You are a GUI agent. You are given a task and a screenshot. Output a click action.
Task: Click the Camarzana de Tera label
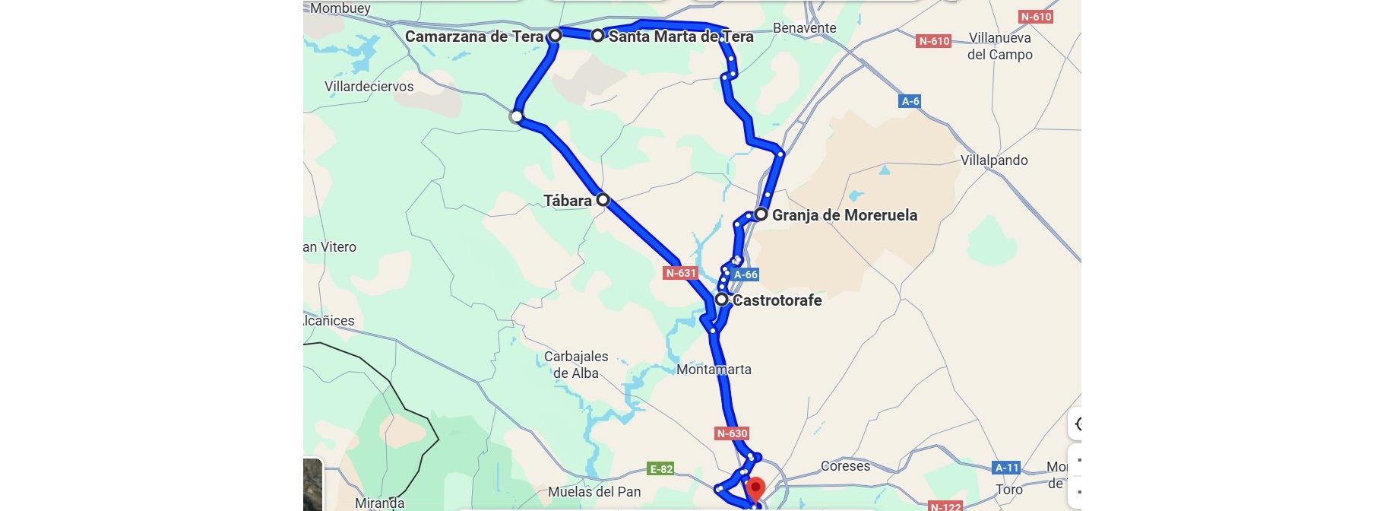tap(473, 36)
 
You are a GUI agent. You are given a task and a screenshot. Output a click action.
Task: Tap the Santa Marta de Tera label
tap(681, 36)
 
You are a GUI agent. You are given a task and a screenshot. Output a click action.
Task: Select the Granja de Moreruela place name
tap(844, 215)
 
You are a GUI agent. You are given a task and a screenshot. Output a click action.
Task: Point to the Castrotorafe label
tap(777, 300)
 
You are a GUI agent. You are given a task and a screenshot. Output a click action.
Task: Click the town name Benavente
tap(804, 28)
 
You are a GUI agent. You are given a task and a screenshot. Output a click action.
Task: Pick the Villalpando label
tap(993, 160)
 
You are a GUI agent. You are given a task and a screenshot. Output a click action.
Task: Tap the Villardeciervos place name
tap(369, 87)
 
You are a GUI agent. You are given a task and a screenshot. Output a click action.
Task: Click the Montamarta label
tap(714, 370)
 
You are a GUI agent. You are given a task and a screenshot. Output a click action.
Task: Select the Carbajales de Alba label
tap(576, 365)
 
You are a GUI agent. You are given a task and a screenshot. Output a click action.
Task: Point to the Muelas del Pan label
tap(594, 492)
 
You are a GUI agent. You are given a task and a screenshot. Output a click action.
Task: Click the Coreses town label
tap(845, 466)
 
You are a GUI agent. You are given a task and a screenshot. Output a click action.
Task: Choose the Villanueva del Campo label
tap(999, 46)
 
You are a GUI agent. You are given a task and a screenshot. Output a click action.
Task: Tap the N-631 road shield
tap(680, 273)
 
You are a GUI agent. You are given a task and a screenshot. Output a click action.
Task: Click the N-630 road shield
tap(732, 433)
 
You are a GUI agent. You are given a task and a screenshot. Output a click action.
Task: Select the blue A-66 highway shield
tap(746, 275)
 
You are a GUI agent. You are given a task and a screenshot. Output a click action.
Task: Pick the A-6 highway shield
tap(910, 101)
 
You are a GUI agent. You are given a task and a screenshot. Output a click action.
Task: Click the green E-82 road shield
tap(660, 469)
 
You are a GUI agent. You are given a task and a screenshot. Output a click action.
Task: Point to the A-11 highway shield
tap(1006, 468)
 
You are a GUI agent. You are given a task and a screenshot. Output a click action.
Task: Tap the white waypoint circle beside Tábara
tap(603, 200)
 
